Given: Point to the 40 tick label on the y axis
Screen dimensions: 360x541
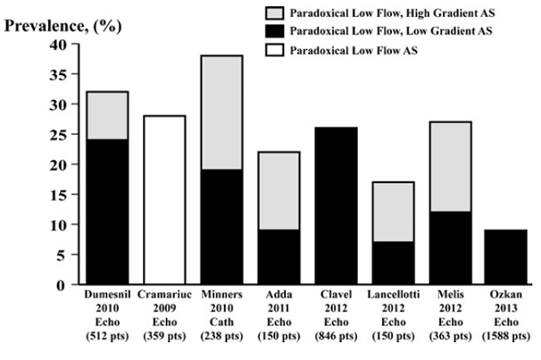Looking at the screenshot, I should click(x=60, y=44).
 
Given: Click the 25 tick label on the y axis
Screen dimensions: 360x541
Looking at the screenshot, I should click(x=60, y=134).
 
